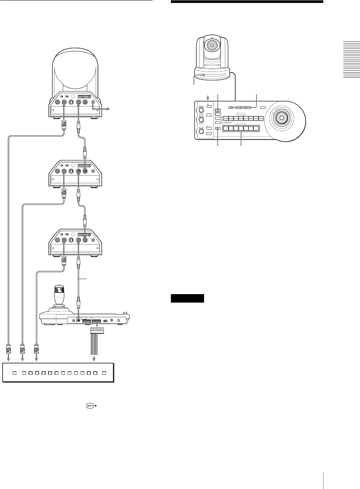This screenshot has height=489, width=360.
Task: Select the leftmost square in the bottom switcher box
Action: click(x=14, y=373)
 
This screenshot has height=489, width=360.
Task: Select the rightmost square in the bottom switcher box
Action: click(x=104, y=373)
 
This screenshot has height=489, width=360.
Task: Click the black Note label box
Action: click(x=187, y=298)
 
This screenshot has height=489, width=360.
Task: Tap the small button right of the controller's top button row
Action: click(x=263, y=108)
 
